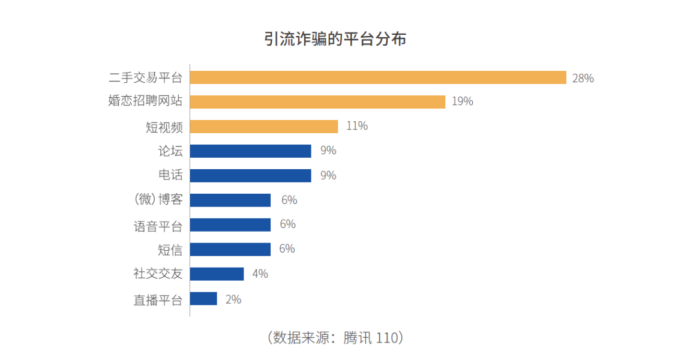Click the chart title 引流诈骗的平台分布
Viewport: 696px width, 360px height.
[x=335, y=40]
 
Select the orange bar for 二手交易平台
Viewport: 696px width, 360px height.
[x=378, y=77]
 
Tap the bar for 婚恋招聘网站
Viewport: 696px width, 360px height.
[x=317, y=101]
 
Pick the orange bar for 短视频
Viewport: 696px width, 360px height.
[x=264, y=126]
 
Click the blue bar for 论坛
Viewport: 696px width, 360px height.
[x=250, y=151]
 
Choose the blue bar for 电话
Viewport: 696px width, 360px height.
[x=250, y=175]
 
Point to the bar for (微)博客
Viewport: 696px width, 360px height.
[x=230, y=200]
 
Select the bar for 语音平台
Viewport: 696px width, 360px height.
[x=230, y=224]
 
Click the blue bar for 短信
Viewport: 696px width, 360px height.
[x=230, y=249]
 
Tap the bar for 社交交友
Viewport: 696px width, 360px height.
[x=217, y=274]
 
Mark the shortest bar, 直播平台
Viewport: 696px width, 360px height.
[x=203, y=298]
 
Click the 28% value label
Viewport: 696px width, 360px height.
[x=583, y=78]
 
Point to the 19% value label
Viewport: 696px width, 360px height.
[x=462, y=101]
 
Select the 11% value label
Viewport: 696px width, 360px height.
[x=356, y=126]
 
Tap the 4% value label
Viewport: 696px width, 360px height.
[x=260, y=274]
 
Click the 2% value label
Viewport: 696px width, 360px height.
[x=233, y=299]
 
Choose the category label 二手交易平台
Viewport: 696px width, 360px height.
[x=145, y=78]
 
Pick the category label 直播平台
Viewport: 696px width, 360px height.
[x=158, y=299]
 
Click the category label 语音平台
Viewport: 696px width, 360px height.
[x=158, y=226]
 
